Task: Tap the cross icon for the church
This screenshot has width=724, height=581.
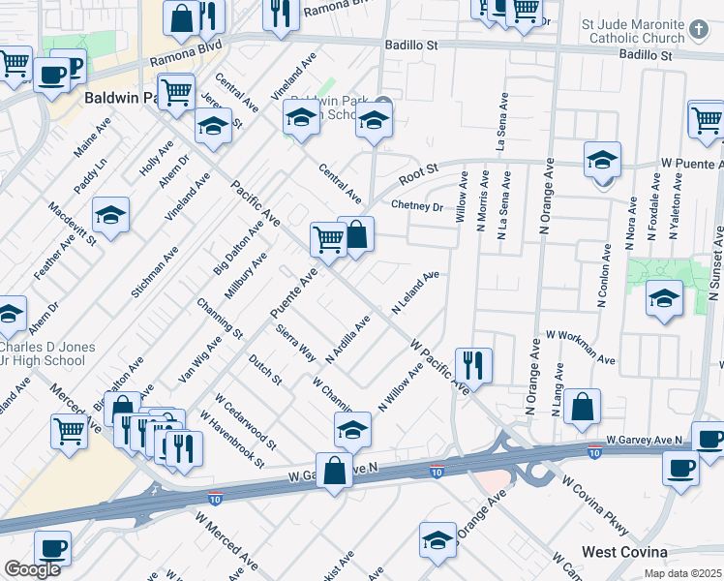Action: pos(701,29)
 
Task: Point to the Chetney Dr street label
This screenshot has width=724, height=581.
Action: pos(416,206)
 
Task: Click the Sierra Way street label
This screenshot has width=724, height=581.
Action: pos(296,343)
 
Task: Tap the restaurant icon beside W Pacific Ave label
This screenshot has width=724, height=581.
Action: pos(473,365)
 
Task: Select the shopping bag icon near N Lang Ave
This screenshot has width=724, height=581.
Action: pos(583,407)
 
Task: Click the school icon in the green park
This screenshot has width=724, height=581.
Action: pos(664,298)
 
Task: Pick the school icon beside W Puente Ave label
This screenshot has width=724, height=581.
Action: pos(602,159)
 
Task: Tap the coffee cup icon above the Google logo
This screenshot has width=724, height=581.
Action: pos(52,547)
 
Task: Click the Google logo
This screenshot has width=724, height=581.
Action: pos(32,569)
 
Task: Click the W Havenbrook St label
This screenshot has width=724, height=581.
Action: pos(232,439)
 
